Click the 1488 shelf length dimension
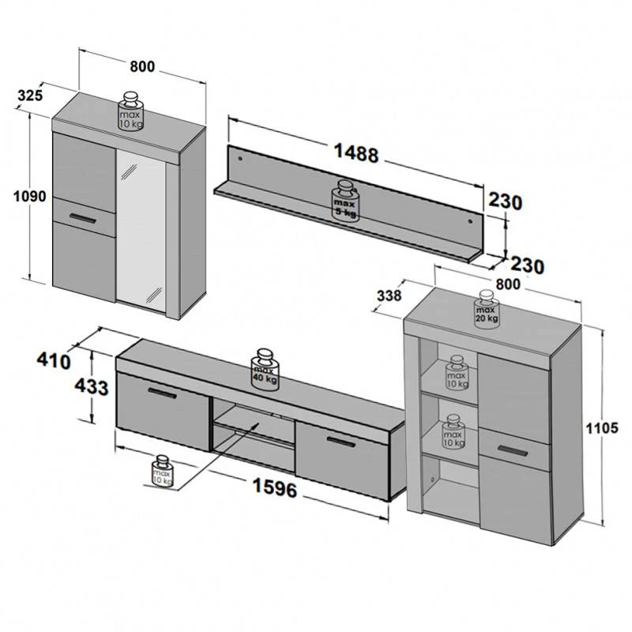tap(356, 153)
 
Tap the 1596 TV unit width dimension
tap(275, 487)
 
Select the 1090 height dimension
tap(30, 197)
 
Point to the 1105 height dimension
tap(602, 428)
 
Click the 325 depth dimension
tap(30, 96)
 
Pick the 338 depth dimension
tap(389, 295)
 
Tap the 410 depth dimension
tap(54, 361)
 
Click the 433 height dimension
tap(92, 387)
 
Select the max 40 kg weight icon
tap(265, 370)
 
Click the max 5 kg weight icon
tap(344, 200)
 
